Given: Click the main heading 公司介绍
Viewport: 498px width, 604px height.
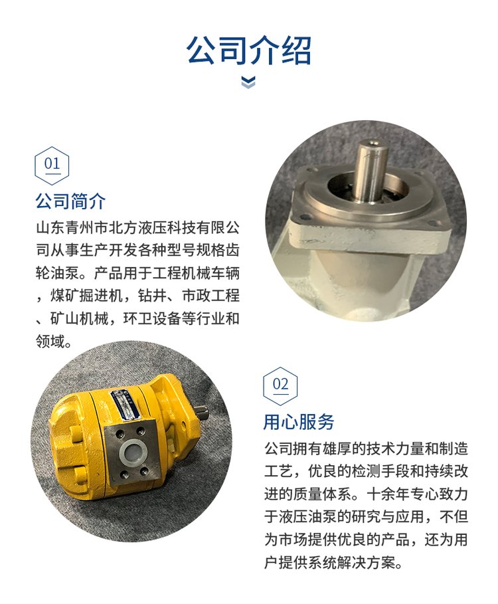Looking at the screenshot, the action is [x=248, y=50].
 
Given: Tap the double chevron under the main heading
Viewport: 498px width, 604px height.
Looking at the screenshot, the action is [x=248, y=82].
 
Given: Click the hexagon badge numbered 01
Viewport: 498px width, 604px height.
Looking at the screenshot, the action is [x=52, y=165].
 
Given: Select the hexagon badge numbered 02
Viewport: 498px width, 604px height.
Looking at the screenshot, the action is [x=280, y=386].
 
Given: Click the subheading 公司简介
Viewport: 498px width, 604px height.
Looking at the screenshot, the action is [x=70, y=201].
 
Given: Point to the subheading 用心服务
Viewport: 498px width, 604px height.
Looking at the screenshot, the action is [x=299, y=421].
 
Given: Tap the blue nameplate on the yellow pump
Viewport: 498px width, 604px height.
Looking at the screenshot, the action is [x=125, y=404].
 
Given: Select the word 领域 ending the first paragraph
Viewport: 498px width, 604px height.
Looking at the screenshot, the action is [x=50, y=341].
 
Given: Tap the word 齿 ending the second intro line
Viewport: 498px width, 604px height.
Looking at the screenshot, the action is [x=232, y=250].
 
